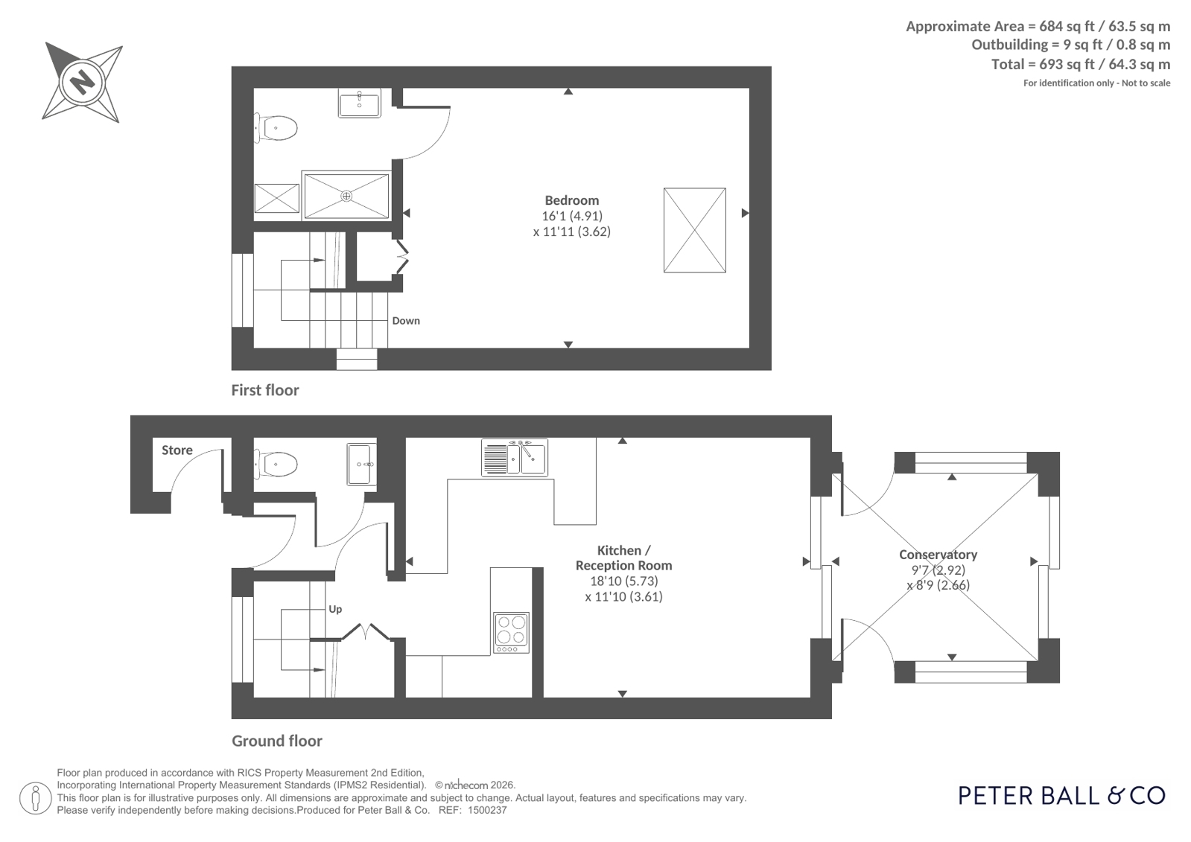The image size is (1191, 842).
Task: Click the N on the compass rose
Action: point(83,83)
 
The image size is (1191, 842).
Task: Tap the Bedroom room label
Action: point(571,200)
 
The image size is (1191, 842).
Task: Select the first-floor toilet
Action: point(275,128)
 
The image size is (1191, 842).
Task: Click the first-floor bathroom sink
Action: point(360,103)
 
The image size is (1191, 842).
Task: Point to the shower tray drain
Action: point(346,196)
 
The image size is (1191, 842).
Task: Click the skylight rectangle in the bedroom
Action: point(694,230)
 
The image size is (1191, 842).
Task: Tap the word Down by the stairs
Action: point(406,321)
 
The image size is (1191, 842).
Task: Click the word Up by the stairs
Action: point(335,609)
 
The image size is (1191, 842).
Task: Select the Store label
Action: point(177,450)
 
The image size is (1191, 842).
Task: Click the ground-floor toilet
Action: point(276,464)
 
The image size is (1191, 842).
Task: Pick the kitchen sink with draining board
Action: point(514,457)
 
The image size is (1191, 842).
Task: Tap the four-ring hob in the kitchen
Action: point(511,633)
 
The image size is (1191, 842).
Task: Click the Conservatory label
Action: point(938,555)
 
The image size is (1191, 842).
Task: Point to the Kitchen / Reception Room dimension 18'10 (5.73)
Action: point(623,581)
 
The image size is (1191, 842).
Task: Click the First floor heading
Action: point(264,390)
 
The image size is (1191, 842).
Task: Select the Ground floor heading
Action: point(277,741)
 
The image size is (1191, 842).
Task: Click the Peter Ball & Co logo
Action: point(1062,796)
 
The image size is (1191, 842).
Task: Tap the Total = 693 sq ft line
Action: point(1081,64)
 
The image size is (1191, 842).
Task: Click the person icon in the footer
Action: point(36,798)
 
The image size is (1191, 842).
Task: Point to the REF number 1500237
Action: point(487,811)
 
